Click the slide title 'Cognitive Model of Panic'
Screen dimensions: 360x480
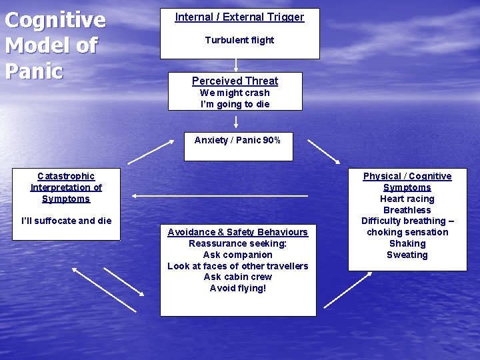click(55, 45)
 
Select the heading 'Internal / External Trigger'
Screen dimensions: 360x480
click(239, 17)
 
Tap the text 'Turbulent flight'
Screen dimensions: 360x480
click(239, 40)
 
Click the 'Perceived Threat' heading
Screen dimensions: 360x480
click(235, 81)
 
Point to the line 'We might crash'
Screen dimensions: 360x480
click(235, 93)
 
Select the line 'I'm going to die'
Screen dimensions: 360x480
click(235, 104)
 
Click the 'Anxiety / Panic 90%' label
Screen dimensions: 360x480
click(237, 140)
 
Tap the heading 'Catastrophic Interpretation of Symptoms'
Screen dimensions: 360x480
click(66, 187)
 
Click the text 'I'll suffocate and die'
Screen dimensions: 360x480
click(67, 221)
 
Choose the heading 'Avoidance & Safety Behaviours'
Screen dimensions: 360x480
click(238, 232)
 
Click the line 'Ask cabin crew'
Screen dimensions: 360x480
click(238, 277)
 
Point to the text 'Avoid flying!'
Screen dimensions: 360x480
click(238, 288)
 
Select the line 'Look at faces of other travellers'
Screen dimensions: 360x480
click(238, 266)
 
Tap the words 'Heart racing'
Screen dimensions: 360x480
click(407, 199)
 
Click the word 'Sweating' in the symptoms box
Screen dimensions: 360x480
click(407, 255)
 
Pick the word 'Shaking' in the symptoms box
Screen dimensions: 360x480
click(407, 243)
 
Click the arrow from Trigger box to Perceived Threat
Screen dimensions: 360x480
click(236, 65)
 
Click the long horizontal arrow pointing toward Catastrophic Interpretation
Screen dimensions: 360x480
click(220, 195)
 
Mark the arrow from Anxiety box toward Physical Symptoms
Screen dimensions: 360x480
click(323, 151)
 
